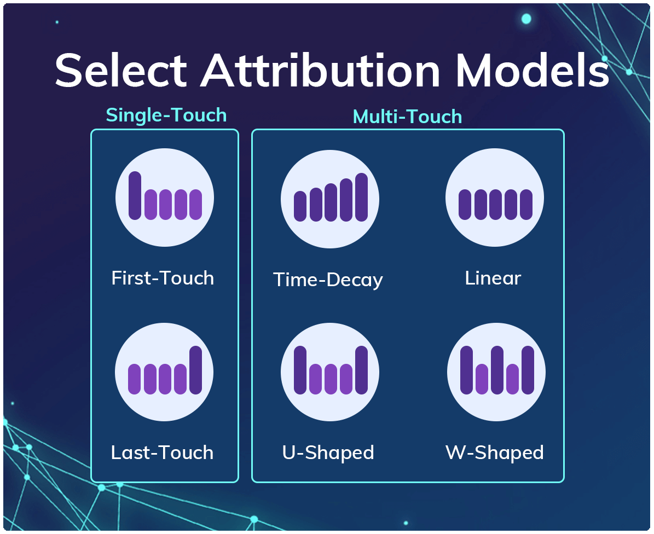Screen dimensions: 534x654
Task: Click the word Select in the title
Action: (121, 71)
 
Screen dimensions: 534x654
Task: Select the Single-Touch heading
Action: (166, 115)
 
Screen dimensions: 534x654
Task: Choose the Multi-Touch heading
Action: (407, 117)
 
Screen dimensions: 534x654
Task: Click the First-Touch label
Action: (163, 278)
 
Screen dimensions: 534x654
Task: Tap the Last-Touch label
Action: (162, 452)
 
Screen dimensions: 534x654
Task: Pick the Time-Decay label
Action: (328, 280)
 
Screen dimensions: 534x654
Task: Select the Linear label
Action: (493, 278)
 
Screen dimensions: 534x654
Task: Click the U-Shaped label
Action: (328, 452)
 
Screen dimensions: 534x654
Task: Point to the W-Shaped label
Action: (494, 452)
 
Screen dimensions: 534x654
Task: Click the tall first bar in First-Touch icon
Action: (135, 195)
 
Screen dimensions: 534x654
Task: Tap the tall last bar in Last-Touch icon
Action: (195, 370)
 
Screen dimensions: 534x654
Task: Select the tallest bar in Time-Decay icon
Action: (361, 197)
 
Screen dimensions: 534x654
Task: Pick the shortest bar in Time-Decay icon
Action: (300, 206)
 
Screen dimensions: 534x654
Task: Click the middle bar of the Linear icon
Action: (495, 205)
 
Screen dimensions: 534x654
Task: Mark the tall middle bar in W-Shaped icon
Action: (497, 370)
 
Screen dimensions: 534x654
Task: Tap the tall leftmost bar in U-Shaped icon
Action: (300, 370)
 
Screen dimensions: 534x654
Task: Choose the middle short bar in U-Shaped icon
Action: (331, 379)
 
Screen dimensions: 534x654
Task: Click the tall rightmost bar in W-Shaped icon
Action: (528, 370)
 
